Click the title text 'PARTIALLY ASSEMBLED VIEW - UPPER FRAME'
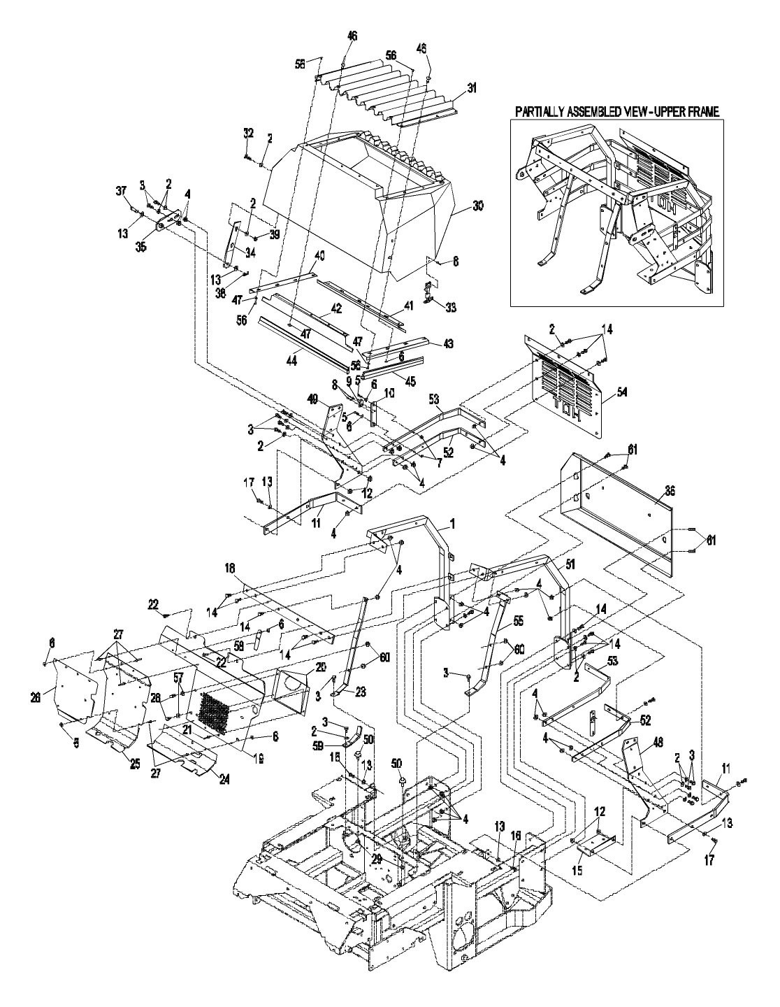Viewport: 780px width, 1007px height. (616, 111)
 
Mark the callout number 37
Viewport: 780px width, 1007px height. (120, 190)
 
